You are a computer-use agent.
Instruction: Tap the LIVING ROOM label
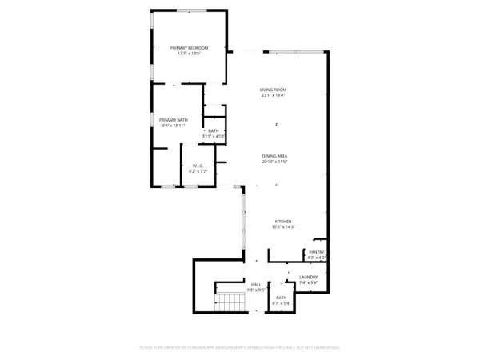273,90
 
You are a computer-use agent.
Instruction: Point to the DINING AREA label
274,156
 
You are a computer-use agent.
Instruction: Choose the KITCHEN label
284,222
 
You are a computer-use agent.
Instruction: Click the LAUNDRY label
309,278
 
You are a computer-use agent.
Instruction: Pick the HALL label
256,284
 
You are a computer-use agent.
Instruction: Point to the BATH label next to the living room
213,130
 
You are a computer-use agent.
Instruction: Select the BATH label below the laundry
281,298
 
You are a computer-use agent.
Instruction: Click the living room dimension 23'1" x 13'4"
273,96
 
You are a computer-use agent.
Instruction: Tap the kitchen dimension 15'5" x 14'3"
284,228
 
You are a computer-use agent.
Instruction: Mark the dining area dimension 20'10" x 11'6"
274,162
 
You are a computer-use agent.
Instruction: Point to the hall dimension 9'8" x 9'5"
256,290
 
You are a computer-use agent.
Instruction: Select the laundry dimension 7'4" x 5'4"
309,283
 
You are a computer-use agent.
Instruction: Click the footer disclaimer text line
240,347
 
